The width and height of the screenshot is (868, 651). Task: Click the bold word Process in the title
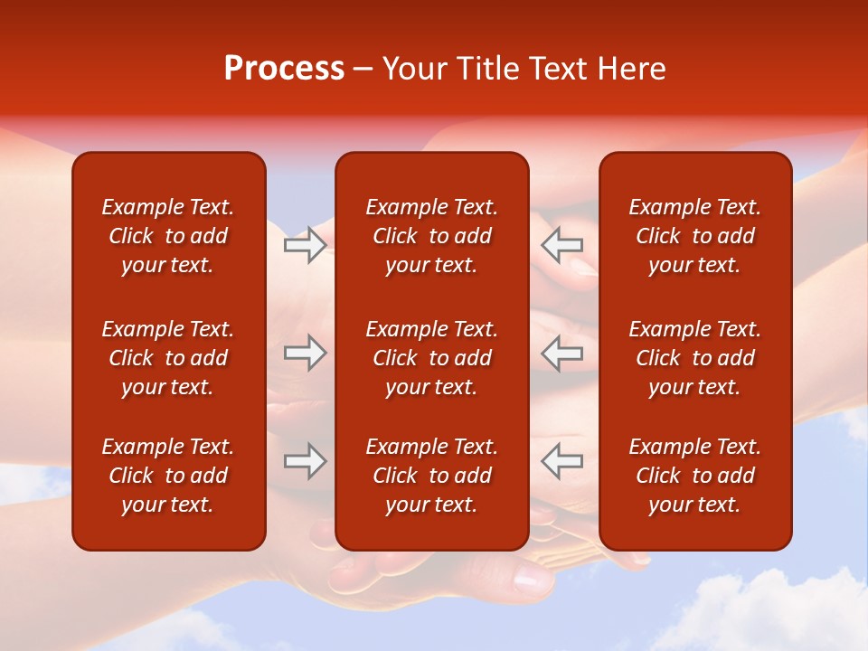click(284, 69)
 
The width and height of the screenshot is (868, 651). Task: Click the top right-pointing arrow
click(305, 245)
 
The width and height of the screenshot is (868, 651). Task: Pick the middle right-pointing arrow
click(305, 353)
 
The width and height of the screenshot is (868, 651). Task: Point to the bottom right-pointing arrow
click(305, 461)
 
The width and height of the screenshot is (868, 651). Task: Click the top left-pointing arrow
click(561, 245)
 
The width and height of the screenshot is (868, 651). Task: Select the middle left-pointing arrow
click(561, 353)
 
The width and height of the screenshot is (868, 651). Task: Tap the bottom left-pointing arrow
click(561, 461)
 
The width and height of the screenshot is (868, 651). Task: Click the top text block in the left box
click(168, 236)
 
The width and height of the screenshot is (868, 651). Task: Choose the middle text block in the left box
click(168, 358)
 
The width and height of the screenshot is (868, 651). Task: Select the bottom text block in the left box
click(168, 476)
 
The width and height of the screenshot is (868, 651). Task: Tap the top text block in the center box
click(431, 236)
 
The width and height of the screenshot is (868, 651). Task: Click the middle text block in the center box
click(431, 358)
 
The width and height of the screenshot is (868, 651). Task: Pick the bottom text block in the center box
click(431, 476)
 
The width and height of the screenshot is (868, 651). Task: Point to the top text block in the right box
click(694, 236)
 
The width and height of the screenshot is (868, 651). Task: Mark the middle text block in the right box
click(694, 358)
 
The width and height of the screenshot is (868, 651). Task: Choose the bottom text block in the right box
click(694, 476)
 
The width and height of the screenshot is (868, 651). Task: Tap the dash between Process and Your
click(363, 70)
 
